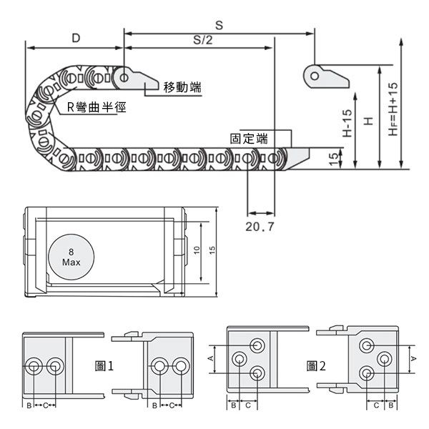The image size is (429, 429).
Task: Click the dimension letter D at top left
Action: pyautogui.click(x=75, y=37)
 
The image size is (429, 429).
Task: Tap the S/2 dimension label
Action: pyautogui.click(x=203, y=40)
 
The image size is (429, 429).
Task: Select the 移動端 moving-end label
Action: pyautogui.click(x=182, y=87)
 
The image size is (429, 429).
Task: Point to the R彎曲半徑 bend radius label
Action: pyautogui.click(x=96, y=108)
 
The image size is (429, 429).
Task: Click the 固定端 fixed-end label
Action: pyautogui.click(x=250, y=138)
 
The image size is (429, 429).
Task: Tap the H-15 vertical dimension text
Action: pyautogui.click(x=347, y=123)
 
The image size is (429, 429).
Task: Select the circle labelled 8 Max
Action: pyautogui.click(x=70, y=257)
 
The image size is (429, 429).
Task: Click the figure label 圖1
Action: pyautogui.click(x=104, y=366)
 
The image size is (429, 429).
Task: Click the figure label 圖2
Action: pyautogui.click(x=316, y=366)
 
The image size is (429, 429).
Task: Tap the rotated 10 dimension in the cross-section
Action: pyautogui.click(x=195, y=251)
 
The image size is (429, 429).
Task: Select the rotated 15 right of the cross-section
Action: pyautogui.click(x=212, y=251)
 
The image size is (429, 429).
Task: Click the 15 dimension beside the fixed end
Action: pyautogui.click(x=334, y=159)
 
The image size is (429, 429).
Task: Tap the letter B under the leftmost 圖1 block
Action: pyautogui.click(x=29, y=405)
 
